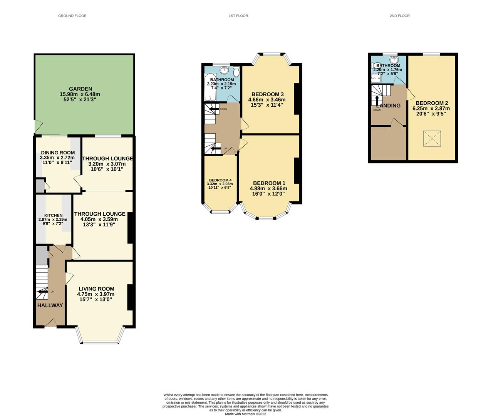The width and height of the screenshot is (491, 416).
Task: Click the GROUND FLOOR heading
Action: tap(72, 16)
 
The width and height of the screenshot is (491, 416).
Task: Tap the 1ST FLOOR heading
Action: tap(238, 16)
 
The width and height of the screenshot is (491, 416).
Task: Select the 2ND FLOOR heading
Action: tap(399, 16)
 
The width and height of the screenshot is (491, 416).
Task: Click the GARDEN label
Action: tap(80, 89)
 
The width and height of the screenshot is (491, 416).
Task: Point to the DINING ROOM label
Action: tap(58, 153)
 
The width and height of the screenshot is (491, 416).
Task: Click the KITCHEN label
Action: tap(53, 215)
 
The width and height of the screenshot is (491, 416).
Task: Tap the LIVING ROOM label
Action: tap(96, 289)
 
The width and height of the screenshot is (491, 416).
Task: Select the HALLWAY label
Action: tap(50, 305)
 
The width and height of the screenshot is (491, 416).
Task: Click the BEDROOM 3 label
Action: tap(267, 94)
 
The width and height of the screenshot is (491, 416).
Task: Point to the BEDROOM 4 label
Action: tap(220, 180)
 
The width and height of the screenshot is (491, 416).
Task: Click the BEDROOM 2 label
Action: tap(432, 103)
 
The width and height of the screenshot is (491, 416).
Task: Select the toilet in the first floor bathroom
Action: tap(236, 71)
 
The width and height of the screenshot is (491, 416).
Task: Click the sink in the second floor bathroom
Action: tap(394, 60)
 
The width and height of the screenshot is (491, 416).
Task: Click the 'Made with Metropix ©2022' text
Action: tap(245, 414)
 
